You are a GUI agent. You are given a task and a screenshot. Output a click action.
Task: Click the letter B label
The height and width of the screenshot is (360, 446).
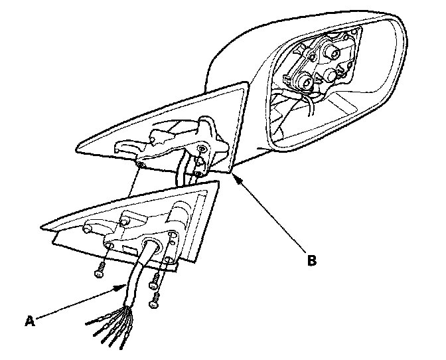(311, 260)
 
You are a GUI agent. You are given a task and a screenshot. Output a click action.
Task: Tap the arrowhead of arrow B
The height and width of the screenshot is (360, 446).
(232, 175)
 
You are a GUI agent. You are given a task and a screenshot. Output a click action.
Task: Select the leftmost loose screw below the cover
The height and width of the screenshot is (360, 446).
(99, 271)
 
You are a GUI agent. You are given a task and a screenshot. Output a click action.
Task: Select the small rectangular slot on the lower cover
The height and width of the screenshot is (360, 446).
(124, 246)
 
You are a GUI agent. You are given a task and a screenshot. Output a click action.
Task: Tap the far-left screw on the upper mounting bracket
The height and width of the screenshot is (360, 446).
(141, 163)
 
